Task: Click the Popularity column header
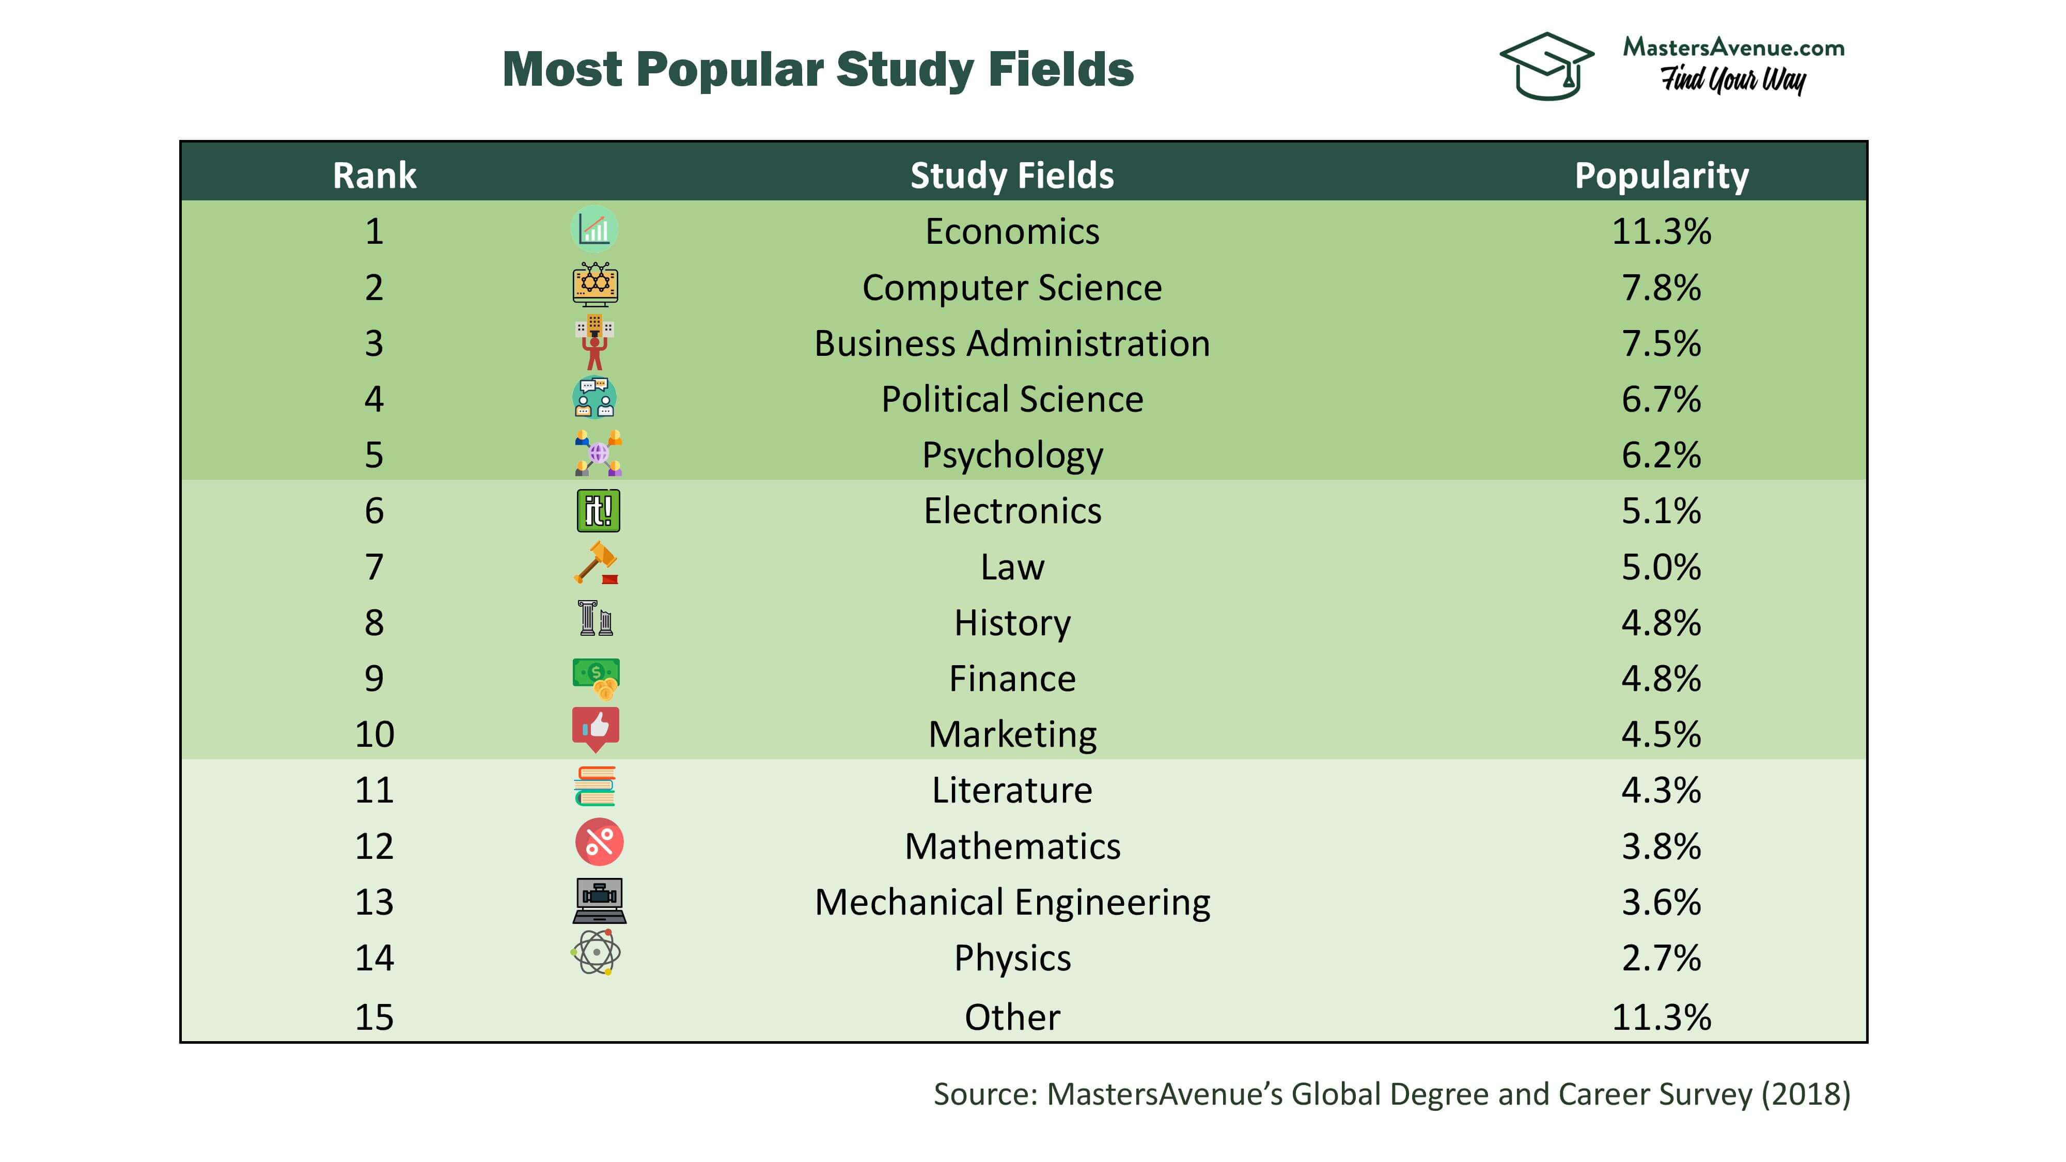[x=1661, y=176]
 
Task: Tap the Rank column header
[x=374, y=176]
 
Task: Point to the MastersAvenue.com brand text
[x=1733, y=48]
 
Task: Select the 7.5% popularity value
[x=1661, y=343]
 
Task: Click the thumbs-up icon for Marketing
[x=596, y=729]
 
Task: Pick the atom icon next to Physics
[x=596, y=953]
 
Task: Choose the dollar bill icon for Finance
[x=596, y=677]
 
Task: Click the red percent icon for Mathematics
[x=599, y=842]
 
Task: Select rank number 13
[x=374, y=902]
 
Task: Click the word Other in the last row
[x=1012, y=1017]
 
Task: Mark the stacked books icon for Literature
[x=595, y=786]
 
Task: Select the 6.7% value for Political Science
[x=1661, y=399]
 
